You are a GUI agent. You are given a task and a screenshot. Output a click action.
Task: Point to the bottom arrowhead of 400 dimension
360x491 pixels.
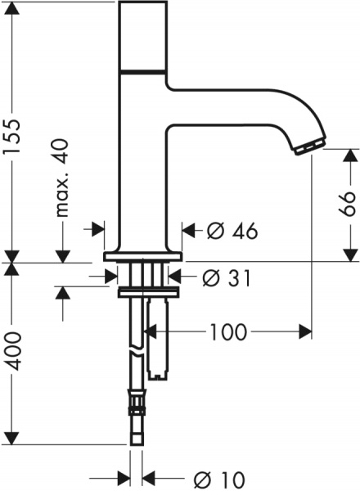[12, 440]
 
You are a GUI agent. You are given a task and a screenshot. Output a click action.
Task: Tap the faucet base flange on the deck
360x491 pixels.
[143, 255]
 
